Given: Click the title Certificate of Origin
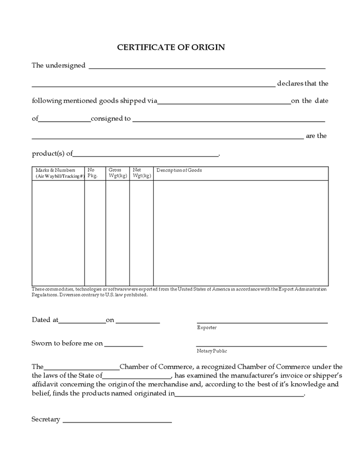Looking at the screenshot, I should (171, 48).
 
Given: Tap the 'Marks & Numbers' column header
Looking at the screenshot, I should (59, 173).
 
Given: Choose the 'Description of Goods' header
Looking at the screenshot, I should (179, 170).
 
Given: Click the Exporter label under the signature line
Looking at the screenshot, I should (207, 328).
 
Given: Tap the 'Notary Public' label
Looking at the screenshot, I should (212, 351).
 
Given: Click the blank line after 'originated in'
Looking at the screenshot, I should (239, 395).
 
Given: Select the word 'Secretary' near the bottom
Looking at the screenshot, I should (46, 419).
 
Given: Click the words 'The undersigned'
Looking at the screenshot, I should (59, 66).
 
